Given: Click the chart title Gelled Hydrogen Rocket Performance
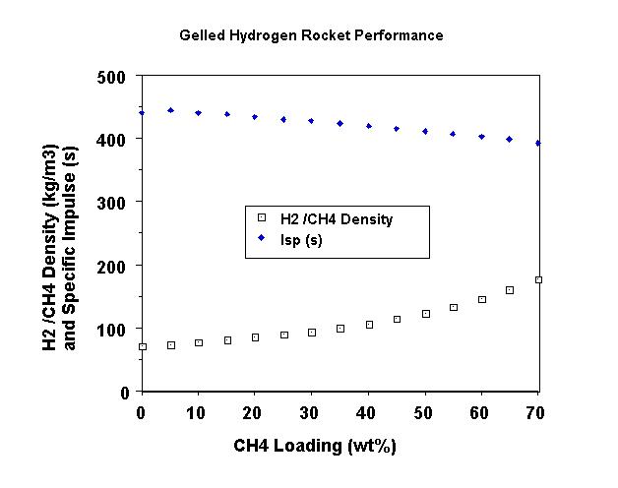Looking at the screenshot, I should [x=311, y=35].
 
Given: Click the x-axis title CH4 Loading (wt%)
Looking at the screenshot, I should [x=315, y=446].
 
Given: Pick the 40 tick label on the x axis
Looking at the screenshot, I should [x=368, y=410].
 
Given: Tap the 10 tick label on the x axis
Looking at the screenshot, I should [x=198, y=410].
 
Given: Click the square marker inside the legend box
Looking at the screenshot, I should [x=262, y=218].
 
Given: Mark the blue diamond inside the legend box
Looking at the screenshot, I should [x=262, y=239].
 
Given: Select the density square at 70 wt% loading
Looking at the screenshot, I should [x=538, y=280].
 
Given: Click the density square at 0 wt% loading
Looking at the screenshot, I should [x=143, y=346].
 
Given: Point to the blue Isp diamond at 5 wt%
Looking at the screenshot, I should [x=170, y=110].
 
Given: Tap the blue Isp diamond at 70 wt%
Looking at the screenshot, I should [x=538, y=143].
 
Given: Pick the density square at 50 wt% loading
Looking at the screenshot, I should [x=425, y=314].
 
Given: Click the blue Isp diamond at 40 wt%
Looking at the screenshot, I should [x=369, y=126].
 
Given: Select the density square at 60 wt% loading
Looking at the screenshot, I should [x=482, y=299].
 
